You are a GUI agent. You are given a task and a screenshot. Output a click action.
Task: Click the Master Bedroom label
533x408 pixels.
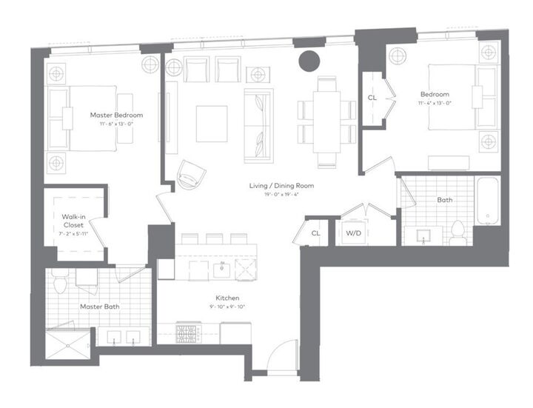pyautogui.click(x=116, y=116)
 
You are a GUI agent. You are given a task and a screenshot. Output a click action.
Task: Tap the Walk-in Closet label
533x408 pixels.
pyautogui.click(x=73, y=221)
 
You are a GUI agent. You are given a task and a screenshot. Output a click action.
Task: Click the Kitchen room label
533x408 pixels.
pyautogui.click(x=220, y=298)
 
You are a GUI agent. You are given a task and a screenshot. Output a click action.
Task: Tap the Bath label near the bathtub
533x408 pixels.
pyautogui.click(x=444, y=200)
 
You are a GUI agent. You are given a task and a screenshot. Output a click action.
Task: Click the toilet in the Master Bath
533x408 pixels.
pyautogui.click(x=61, y=281)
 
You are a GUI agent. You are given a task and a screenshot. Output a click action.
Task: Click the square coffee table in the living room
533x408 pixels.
pyautogui.click(x=211, y=122)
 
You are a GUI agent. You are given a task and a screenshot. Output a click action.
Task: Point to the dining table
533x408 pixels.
pyautogui.click(x=326, y=116)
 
